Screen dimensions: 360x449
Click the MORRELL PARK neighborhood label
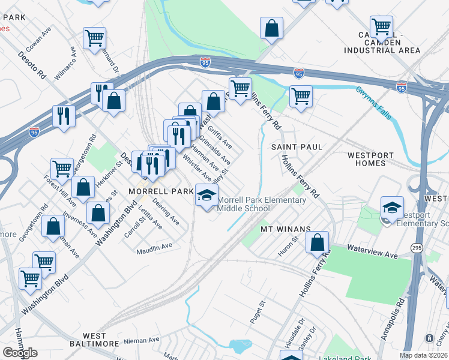pos(160,191)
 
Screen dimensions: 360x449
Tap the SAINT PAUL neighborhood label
pos(297,147)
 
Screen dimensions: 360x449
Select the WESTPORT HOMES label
pos(375,159)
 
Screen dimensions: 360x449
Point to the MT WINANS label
pos(285,229)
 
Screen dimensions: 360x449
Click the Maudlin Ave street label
pos(154,246)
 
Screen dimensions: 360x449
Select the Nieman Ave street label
pos(142,340)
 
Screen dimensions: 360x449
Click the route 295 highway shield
pos(417,247)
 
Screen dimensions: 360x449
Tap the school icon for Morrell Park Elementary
pos(206,196)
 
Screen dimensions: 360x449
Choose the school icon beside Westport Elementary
pos(392,208)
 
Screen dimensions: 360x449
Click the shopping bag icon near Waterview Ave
pos(318,242)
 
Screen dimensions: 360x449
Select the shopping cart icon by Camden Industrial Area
pos(381,26)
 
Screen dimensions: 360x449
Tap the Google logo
pos(20,353)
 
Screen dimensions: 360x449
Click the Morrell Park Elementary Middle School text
pos(261,204)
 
